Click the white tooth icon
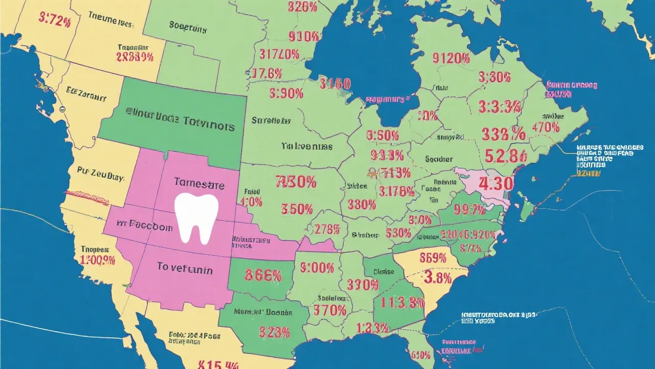click(196, 218)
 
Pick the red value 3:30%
click(494, 77)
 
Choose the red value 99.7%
click(469, 209)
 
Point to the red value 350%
click(296, 209)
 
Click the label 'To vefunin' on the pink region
click(185, 267)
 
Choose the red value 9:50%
click(382, 136)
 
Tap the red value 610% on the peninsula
click(420, 354)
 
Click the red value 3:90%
click(286, 93)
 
